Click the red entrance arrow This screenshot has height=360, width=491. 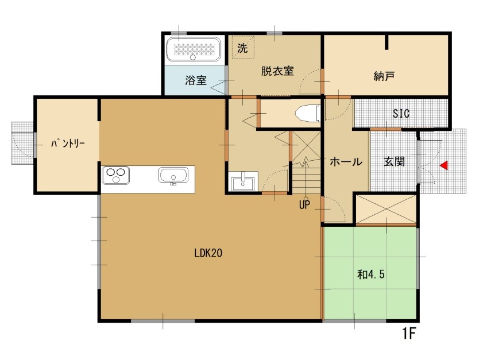click(x=444, y=165)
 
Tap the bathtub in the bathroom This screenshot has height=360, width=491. click(x=193, y=49)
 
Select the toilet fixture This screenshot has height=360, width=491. click(x=307, y=113)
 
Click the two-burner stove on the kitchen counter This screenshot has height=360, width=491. click(x=115, y=175)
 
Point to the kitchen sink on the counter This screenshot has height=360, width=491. click(x=173, y=175)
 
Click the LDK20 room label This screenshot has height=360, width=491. click(x=208, y=253)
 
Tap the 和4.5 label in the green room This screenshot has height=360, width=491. click(x=371, y=274)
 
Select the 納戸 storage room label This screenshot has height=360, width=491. click(x=384, y=76)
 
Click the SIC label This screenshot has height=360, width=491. click(x=401, y=113)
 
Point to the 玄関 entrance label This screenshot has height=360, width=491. click(x=395, y=161)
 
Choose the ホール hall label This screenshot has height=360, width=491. click(x=346, y=162)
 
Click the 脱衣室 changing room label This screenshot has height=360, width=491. click(x=277, y=71)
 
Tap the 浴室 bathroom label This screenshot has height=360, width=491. click(x=196, y=80)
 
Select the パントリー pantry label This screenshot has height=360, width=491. click(x=68, y=144)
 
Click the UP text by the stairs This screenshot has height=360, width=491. click(x=304, y=205)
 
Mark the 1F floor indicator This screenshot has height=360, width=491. click(x=409, y=334)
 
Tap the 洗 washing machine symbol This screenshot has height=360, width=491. click(x=242, y=48)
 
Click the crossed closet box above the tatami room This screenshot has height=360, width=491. click(x=386, y=209)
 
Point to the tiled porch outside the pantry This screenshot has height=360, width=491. click(x=22, y=143)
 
